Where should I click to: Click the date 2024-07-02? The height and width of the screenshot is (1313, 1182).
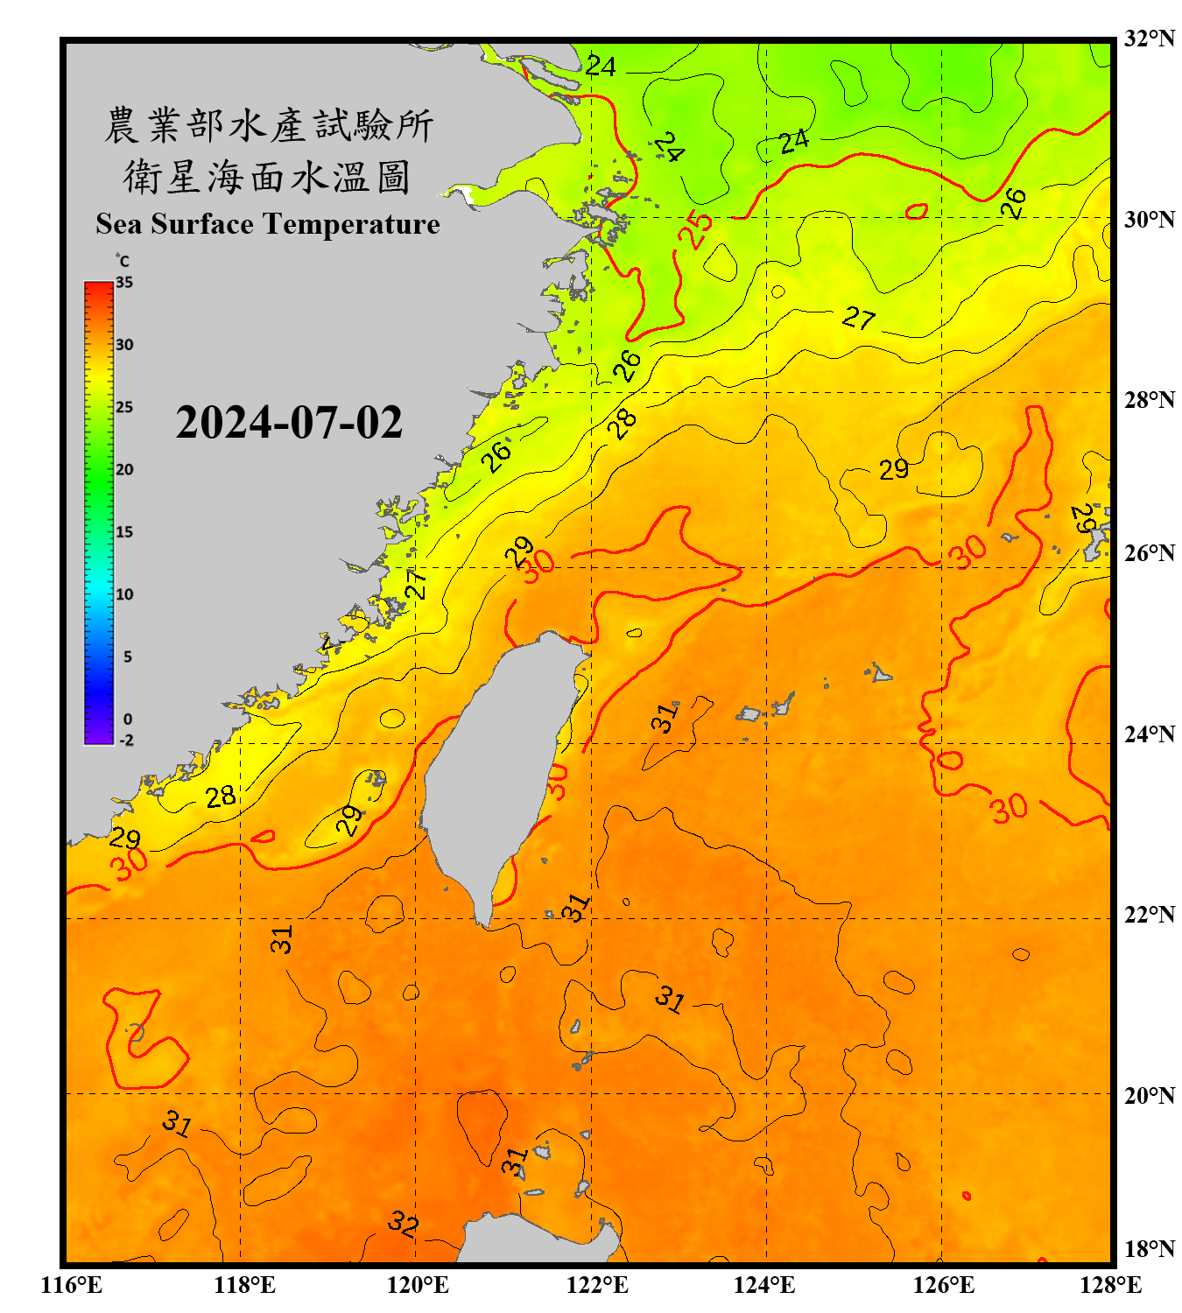(x=289, y=422)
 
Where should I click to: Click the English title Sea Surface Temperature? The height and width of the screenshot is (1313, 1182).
(x=268, y=224)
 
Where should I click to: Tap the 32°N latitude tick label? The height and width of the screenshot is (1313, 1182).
(x=1149, y=39)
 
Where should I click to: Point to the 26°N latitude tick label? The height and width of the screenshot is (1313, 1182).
(x=1149, y=553)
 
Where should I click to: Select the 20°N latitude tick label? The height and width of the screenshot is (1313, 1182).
(x=1149, y=1095)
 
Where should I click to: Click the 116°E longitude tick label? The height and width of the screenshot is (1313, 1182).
(x=72, y=1285)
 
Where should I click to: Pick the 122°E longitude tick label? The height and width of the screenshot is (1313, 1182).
(x=597, y=1285)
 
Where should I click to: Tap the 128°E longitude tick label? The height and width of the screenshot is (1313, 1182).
(x=1110, y=1285)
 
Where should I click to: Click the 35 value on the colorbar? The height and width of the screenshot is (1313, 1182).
(x=124, y=283)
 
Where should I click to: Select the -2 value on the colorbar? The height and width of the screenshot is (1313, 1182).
(x=126, y=740)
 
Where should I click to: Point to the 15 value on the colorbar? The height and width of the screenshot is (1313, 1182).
(x=124, y=532)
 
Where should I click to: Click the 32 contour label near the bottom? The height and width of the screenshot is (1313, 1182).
(x=404, y=1223)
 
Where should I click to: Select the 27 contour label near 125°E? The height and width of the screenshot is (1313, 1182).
(x=858, y=318)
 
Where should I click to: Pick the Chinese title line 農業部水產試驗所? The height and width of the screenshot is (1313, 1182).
(x=268, y=125)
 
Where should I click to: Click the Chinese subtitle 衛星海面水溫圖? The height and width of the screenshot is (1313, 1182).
(x=268, y=177)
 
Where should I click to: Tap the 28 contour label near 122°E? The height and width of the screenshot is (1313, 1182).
(x=623, y=424)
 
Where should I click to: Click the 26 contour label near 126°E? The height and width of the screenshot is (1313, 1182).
(x=1013, y=203)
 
